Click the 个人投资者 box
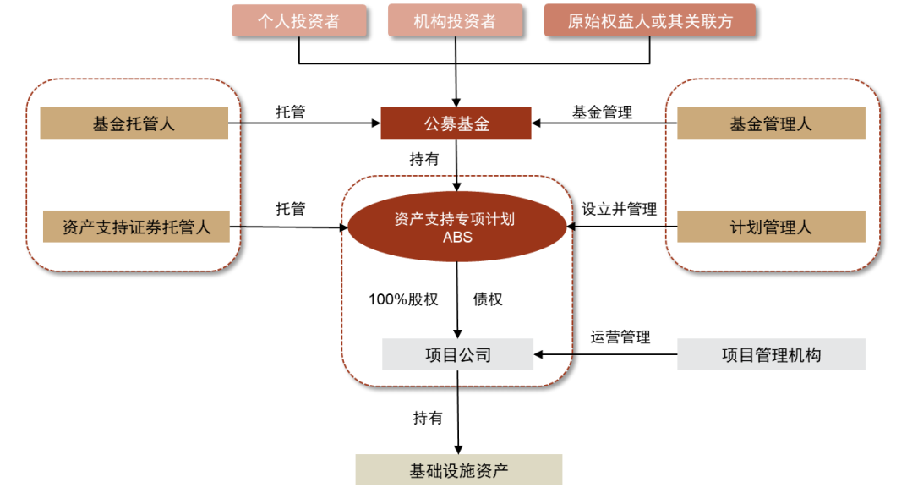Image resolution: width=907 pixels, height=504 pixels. click(299, 21)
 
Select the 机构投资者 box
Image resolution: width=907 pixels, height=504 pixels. click(456, 21)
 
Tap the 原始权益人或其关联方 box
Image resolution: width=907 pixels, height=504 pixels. click(650, 21)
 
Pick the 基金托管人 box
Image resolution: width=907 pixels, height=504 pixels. click(134, 123)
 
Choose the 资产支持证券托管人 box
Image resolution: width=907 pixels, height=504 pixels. click(136, 227)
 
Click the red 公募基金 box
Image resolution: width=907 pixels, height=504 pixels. click(456, 123)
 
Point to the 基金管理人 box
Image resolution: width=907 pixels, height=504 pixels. click(771, 123)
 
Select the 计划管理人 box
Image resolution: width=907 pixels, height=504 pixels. click(771, 227)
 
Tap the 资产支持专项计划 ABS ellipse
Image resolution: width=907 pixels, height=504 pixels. click(457, 227)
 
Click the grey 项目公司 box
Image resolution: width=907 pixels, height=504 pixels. click(457, 355)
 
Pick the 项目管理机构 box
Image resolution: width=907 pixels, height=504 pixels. click(771, 355)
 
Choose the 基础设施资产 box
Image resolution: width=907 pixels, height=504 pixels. click(458, 470)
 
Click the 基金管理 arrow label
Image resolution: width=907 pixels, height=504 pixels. click(602, 112)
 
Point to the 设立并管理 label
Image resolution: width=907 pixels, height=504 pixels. click(619, 209)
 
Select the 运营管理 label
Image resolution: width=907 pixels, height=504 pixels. click(620, 337)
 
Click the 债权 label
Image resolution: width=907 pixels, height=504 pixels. click(488, 299)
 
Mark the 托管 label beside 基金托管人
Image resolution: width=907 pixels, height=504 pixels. click(290, 112)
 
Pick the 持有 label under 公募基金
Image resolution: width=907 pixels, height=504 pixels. click(424, 160)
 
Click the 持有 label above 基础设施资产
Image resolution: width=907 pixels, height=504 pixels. click(428, 418)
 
